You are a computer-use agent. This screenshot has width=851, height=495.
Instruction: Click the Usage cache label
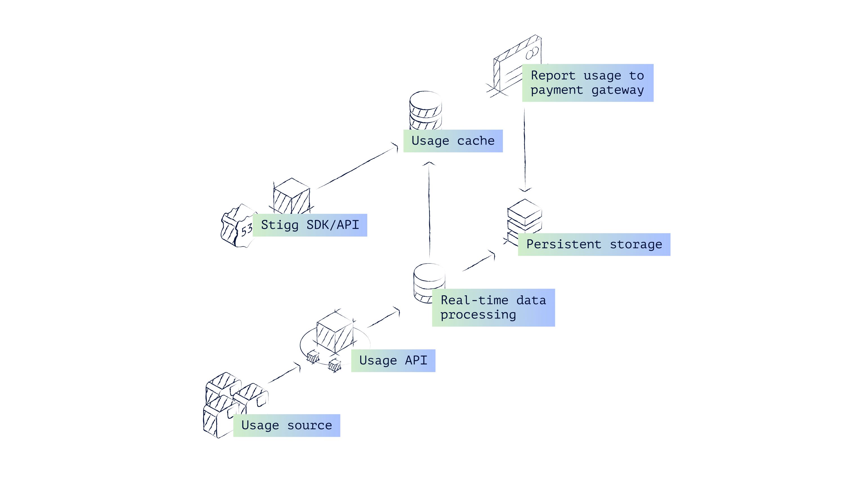453,141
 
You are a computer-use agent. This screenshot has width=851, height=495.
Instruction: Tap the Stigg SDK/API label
310,225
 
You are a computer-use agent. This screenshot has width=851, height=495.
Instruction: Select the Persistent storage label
594,244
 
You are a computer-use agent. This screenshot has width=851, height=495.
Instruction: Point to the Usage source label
286,425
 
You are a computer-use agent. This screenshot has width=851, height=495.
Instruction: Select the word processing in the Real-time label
478,315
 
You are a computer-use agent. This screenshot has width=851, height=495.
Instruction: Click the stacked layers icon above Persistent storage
525,216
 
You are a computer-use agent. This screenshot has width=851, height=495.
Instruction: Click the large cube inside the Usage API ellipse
335,332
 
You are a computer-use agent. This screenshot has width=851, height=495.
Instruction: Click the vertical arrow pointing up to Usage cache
429,209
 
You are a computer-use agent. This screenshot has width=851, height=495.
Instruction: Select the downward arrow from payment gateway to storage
525,148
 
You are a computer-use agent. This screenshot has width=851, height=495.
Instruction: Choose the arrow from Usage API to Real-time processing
383,318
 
